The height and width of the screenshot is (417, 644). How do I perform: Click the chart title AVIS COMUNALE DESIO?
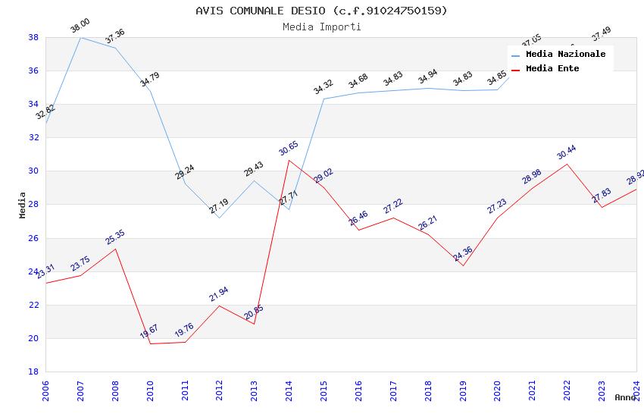click(321, 11)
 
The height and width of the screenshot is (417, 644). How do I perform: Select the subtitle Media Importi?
click(321, 27)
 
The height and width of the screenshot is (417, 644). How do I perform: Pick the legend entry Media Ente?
click(552, 69)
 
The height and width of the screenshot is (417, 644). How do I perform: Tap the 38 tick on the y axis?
click(33, 37)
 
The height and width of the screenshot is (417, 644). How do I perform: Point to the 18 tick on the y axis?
click(33, 372)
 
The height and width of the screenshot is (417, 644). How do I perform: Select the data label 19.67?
click(149, 331)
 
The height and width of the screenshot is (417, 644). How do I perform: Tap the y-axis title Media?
click(23, 205)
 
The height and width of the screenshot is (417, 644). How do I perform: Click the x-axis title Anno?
click(625, 397)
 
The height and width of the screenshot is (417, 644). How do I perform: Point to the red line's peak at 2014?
click(289, 160)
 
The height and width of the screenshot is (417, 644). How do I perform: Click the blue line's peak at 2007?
click(80, 37)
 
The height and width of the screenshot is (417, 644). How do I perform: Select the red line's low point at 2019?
click(463, 265)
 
